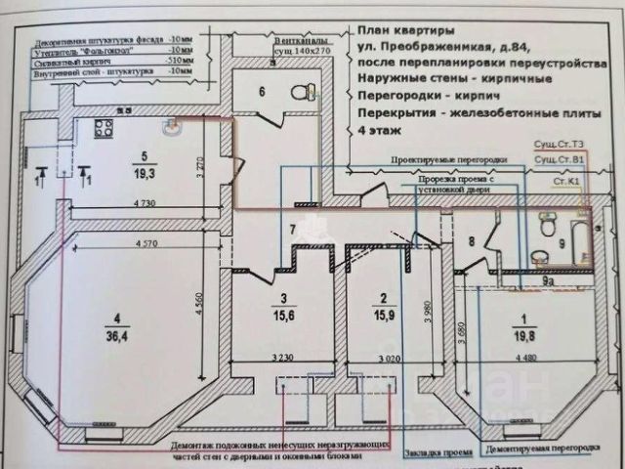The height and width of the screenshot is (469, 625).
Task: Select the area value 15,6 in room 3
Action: [281, 315]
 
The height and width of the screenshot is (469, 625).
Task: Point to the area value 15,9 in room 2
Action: [384, 315]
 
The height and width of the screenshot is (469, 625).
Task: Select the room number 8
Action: [471, 241]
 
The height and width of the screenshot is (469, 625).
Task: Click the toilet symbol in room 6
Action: [304, 92]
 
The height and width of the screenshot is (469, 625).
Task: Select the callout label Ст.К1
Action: [568, 181]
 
